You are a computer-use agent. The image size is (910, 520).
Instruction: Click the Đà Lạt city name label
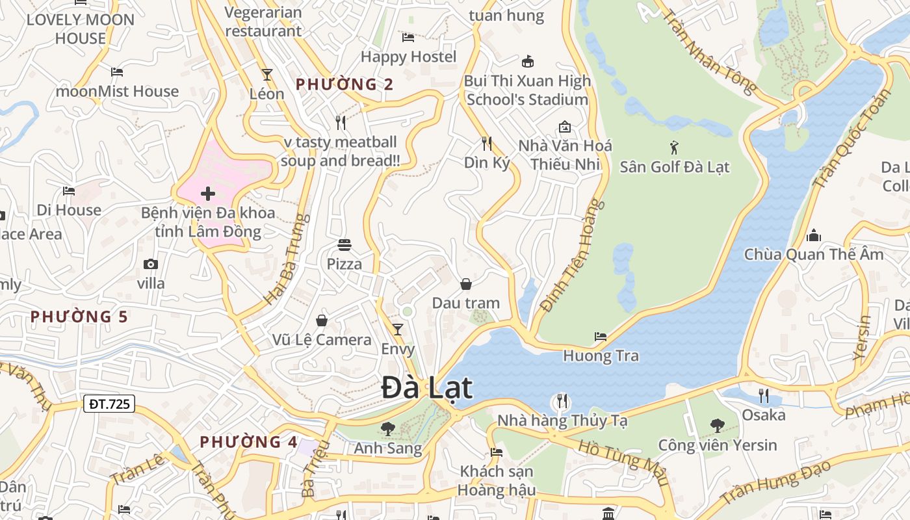tap(426, 388)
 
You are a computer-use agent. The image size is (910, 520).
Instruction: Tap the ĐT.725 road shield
tap(109, 404)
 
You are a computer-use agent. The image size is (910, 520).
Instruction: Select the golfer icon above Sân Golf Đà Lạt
tap(674, 147)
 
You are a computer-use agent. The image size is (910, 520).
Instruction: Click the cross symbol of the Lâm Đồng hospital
tap(208, 194)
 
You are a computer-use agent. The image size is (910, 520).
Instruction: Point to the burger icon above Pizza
tap(344, 245)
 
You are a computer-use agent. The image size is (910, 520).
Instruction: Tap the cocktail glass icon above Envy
tap(397, 330)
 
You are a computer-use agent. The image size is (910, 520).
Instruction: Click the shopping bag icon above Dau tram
tap(466, 284)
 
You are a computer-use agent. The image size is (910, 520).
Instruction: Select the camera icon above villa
tap(151, 264)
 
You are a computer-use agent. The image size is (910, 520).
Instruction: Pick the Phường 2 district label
tap(344, 84)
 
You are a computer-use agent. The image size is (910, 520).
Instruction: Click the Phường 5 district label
tap(79, 317)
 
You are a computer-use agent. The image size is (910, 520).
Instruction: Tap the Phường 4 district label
tap(248, 442)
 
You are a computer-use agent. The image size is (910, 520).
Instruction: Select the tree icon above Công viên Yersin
tap(718, 426)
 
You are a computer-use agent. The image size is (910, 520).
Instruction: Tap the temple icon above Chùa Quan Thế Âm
tap(813, 235)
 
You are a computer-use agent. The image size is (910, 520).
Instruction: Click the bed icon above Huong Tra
tap(601, 337)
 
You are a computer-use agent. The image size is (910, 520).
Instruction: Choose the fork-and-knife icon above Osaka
tap(764, 395)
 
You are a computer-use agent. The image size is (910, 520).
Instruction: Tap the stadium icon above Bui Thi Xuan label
tap(527, 62)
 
